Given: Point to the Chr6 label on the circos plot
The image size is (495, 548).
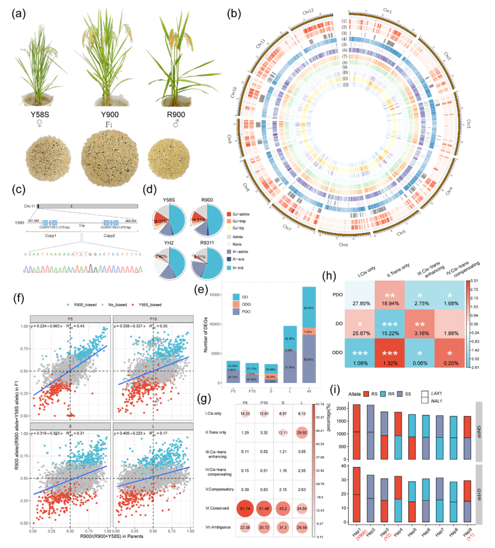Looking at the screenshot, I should click(x=343, y=244).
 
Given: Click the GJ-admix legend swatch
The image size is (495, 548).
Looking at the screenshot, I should click(x=229, y=214).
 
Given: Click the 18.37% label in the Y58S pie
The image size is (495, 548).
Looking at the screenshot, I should click(x=160, y=222).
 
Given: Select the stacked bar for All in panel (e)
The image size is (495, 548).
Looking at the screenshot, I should click(x=308, y=335).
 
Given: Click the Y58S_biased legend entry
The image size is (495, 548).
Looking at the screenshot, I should click(x=149, y=304).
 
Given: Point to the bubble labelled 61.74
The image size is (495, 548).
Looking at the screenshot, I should click(x=245, y=508).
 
